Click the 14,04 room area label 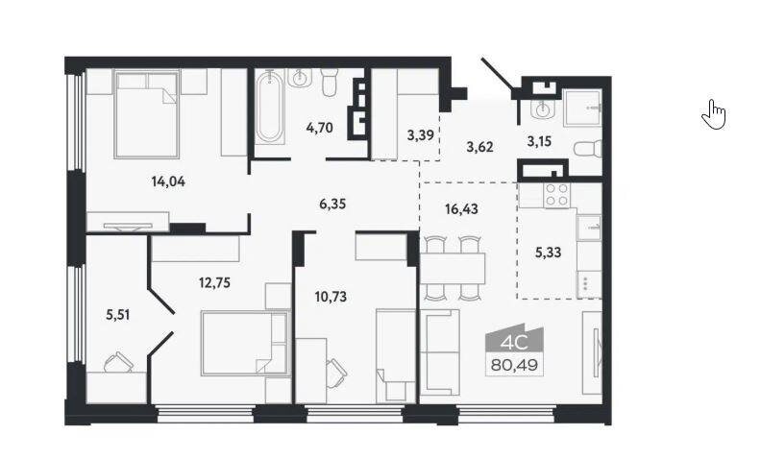(x=168, y=181)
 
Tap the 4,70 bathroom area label (x=319, y=128)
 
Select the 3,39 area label (x=420, y=134)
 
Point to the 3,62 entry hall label (x=479, y=147)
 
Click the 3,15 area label (x=539, y=142)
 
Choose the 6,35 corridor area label (x=332, y=205)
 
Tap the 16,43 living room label (x=461, y=209)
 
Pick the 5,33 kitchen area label (x=548, y=253)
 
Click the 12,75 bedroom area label (x=214, y=282)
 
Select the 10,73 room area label (x=331, y=297)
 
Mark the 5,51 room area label (x=118, y=315)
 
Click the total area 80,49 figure (x=514, y=365)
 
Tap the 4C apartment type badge (x=514, y=344)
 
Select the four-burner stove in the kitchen (x=556, y=195)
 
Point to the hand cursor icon (x=713, y=114)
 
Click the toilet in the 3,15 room (x=587, y=149)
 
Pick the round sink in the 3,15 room (x=541, y=109)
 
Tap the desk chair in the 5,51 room (x=118, y=362)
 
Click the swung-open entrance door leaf (x=497, y=74)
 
